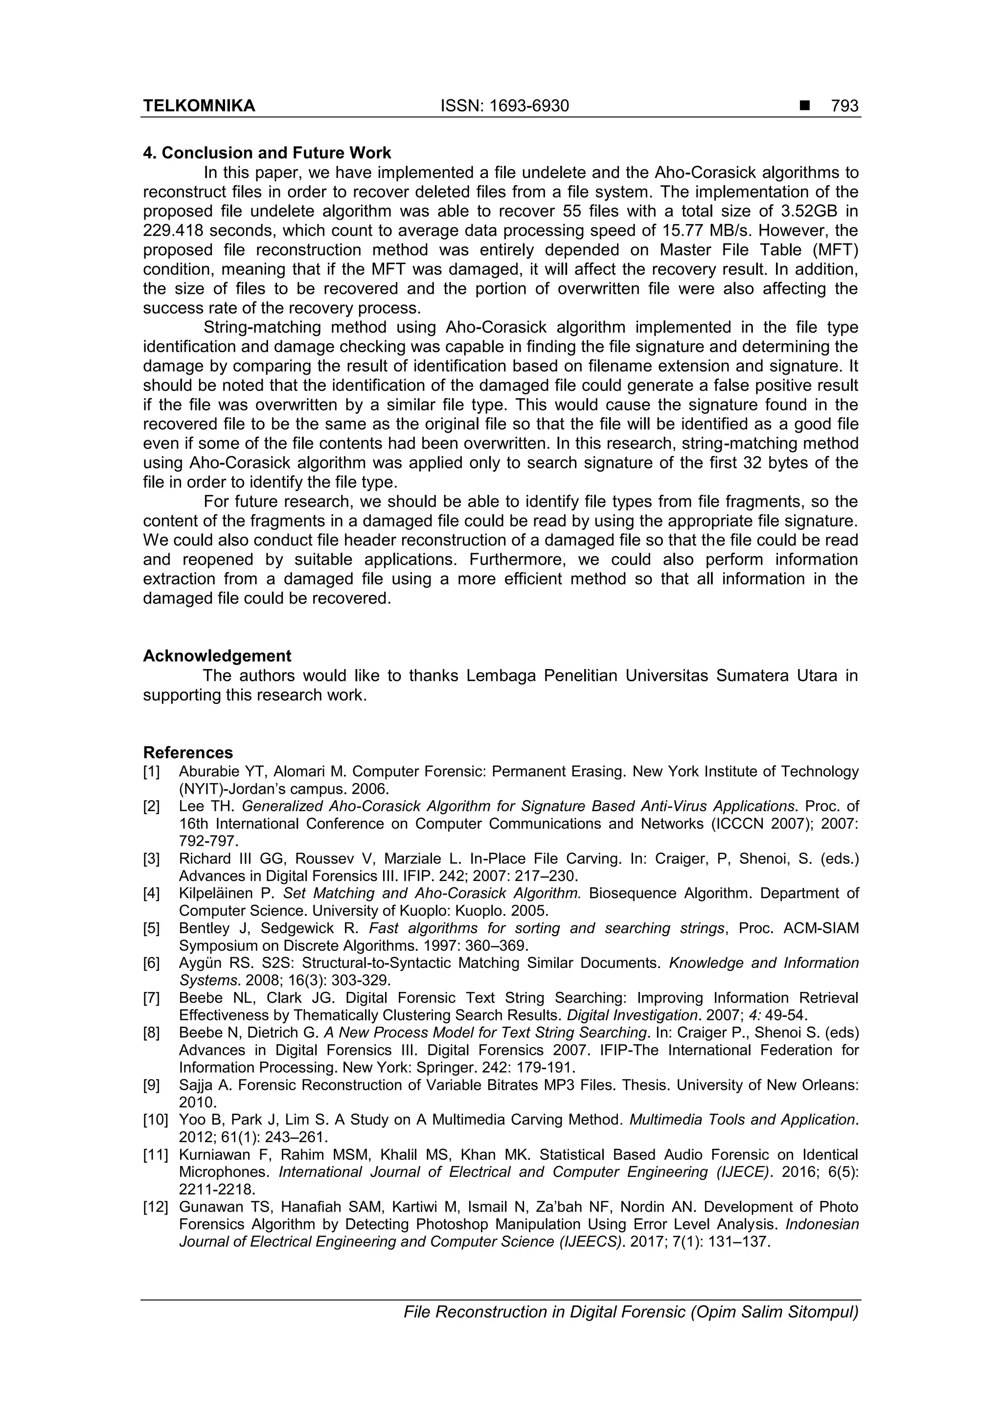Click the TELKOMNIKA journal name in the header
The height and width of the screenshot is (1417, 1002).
point(199,106)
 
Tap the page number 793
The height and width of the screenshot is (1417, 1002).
point(844,106)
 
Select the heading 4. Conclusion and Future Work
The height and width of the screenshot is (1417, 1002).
point(267,153)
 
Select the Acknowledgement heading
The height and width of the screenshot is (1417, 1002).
point(217,655)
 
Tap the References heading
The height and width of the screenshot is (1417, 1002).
point(188,752)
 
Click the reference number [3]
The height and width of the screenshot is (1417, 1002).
point(151,858)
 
